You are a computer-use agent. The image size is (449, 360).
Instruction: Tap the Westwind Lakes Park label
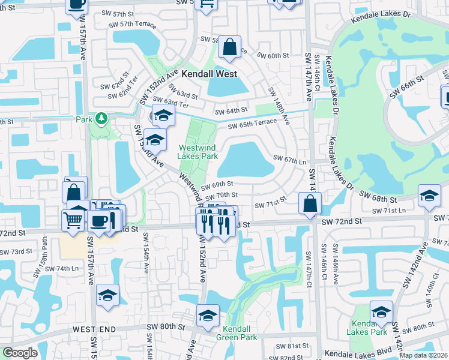tap(197, 152)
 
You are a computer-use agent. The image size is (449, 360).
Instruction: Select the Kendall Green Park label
tap(240, 333)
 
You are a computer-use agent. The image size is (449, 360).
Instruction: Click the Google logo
tap(20, 353)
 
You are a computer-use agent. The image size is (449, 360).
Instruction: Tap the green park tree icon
tap(101, 118)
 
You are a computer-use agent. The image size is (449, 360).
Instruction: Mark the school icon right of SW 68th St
tap(429, 196)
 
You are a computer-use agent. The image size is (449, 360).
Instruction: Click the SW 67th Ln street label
tap(289, 160)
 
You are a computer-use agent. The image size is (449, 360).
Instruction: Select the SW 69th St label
tap(216, 185)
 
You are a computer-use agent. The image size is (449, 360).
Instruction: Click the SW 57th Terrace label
tap(132, 25)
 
